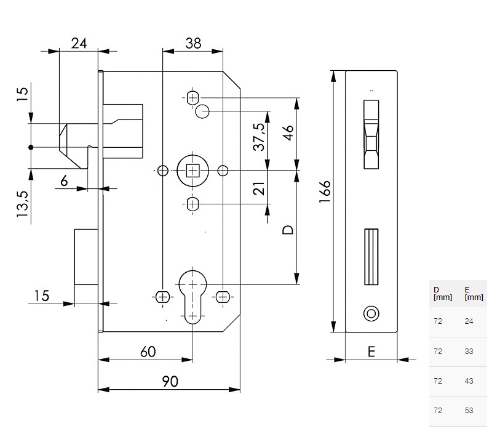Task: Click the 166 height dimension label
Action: click(x=325, y=196)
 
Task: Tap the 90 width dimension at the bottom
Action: click(x=170, y=381)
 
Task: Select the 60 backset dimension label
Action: click(x=147, y=352)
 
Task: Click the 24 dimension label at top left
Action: click(x=79, y=43)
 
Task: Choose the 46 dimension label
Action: click(x=288, y=133)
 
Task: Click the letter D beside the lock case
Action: click(x=287, y=230)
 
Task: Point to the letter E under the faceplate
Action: click(x=371, y=352)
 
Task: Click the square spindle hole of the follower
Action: click(x=192, y=170)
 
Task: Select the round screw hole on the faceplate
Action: click(x=370, y=312)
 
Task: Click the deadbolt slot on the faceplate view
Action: click(x=370, y=257)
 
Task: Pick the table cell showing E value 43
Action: click(x=469, y=381)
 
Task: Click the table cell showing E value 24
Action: click(x=469, y=321)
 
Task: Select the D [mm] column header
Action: click(x=442, y=293)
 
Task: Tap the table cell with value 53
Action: click(x=469, y=411)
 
